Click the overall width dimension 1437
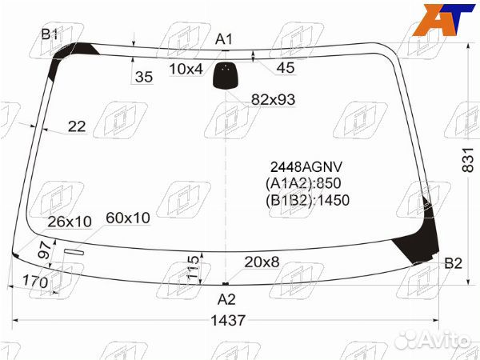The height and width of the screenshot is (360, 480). pyautogui.click(x=228, y=320)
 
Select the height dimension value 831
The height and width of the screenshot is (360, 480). pyautogui.click(x=468, y=160)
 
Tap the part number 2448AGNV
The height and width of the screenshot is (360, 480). pyautogui.click(x=306, y=167)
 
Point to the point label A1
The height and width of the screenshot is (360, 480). pyautogui.click(x=224, y=39)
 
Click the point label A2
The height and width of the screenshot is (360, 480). pyautogui.click(x=226, y=299)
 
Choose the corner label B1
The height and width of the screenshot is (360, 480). pyautogui.click(x=50, y=34)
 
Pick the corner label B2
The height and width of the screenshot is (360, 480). pyautogui.click(x=453, y=263)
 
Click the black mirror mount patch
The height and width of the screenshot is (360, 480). pyautogui.click(x=225, y=75)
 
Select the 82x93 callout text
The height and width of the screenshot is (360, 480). pyautogui.click(x=273, y=99)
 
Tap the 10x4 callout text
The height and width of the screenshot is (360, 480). pyautogui.click(x=186, y=69)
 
